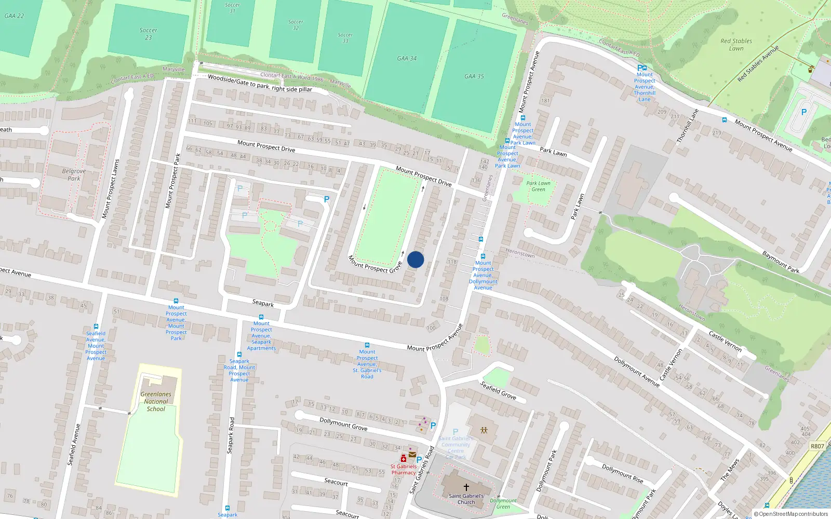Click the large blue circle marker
pyautogui.click(x=415, y=259)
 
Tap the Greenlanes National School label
pyautogui.click(x=156, y=401)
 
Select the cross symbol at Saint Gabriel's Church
pyautogui.click(x=466, y=487)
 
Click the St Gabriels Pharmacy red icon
pyautogui.click(x=403, y=458)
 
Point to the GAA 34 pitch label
pyautogui.click(x=407, y=58)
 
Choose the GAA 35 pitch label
pyautogui.click(x=474, y=76)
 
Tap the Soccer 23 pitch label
pyautogui.click(x=148, y=34)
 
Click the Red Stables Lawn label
pyautogui.click(x=736, y=45)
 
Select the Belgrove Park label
pyautogui.click(x=74, y=174)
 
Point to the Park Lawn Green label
pyautogui.click(x=538, y=186)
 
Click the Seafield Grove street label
pyautogui.click(x=498, y=390)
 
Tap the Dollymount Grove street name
pyautogui.click(x=343, y=424)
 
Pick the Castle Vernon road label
pyautogui.click(x=725, y=341)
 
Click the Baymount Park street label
pyautogui.click(x=781, y=262)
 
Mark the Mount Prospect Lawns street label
pyautogui.click(x=110, y=188)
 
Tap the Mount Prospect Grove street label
pyautogui.click(x=375, y=264)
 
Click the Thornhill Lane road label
pyautogui.click(x=687, y=126)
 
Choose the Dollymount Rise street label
pyautogui.click(x=622, y=473)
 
